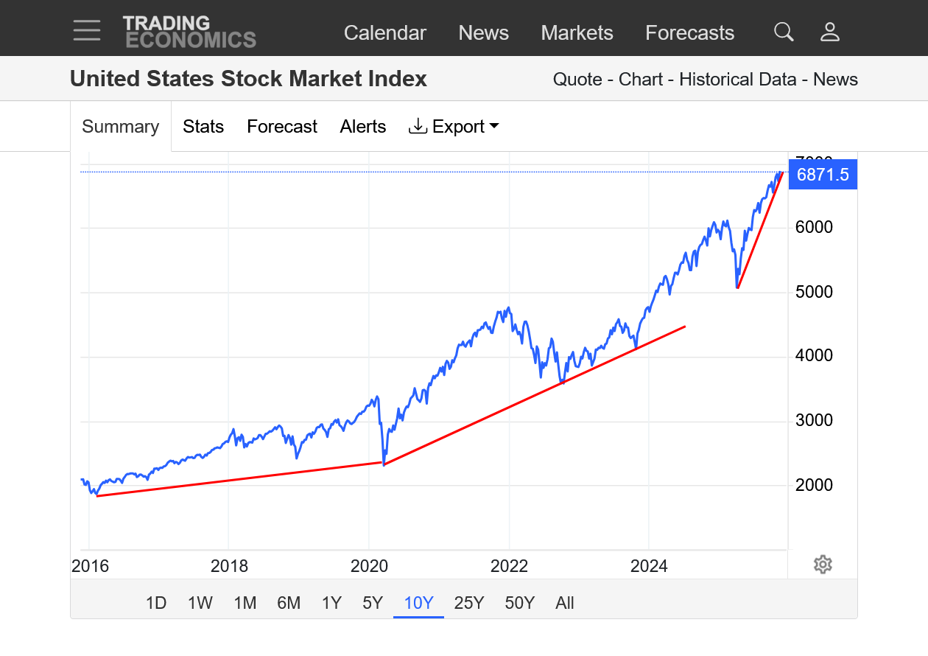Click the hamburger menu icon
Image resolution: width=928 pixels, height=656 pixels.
pyautogui.click(x=87, y=30)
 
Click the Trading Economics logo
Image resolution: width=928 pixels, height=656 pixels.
pyautogui.click(x=189, y=32)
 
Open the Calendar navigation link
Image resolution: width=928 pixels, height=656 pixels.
pyautogui.click(x=384, y=33)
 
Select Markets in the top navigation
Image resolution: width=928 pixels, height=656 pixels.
pyautogui.click(x=577, y=33)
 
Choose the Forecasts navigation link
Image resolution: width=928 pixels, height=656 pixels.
pyautogui.click(x=689, y=33)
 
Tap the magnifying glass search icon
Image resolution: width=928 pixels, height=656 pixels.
pyautogui.click(x=784, y=32)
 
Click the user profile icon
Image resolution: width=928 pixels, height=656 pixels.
pyautogui.click(x=830, y=32)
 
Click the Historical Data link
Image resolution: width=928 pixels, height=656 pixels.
pyautogui.click(x=737, y=80)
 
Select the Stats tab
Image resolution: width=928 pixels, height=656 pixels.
pyautogui.click(x=203, y=127)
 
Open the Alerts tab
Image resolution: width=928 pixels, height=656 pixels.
pyautogui.click(x=362, y=127)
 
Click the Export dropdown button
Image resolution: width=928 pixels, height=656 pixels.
pyautogui.click(x=454, y=127)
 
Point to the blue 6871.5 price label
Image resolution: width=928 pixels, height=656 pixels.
pyautogui.click(x=823, y=175)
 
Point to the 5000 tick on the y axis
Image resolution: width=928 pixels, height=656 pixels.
pyautogui.click(x=814, y=292)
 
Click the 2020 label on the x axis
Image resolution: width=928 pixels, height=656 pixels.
pyautogui.click(x=369, y=566)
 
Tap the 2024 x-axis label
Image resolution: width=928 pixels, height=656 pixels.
pyautogui.click(x=649, y=566)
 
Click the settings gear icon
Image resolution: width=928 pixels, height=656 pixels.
pyautogui.click(x=823, y=565)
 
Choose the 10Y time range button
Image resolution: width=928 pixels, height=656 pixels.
pyautogui.click(x=418, y=603)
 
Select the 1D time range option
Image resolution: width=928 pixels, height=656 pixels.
pyautogui.click(x=156, y=603)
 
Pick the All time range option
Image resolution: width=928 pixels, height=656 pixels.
pyautogui.click(x=565, y=603)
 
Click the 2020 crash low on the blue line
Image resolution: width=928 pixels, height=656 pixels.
pyautogui.click(x=384, y=464)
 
